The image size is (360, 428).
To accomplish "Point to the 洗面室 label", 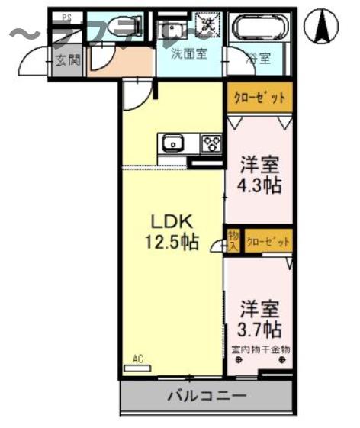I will (x=186, y=54).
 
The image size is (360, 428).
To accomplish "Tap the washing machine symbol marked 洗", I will (x=207, y=24).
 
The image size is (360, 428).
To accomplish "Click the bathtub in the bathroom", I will (x=259, y=29).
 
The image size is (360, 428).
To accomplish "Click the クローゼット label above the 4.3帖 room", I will (x=259, y=98).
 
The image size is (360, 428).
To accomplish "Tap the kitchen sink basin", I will (x=172, y=143).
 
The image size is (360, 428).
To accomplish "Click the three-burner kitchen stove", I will (x=211, y=143).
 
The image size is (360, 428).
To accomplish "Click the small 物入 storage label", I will (x=233, y=241).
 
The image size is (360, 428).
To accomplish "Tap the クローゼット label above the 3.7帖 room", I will (x=268, y=241).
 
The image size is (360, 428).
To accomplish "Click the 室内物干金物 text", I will (x=259, y=350).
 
